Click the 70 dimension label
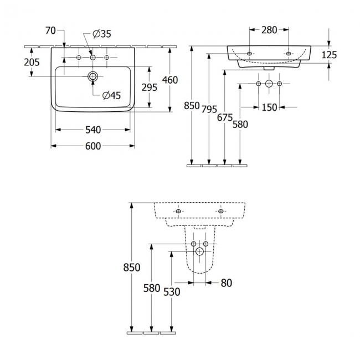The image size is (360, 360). [x=50, y=31]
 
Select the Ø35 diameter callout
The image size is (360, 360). [x=102, y=34]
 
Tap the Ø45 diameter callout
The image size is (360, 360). [x=111, y=95]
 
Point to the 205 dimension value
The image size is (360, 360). [x=32, y=63]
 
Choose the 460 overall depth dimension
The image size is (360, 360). [x=169, y=80]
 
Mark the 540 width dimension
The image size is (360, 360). [x=93, y=130]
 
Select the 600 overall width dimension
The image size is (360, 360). [x=93, y=146]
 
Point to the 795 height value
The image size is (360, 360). [x=208, y=109]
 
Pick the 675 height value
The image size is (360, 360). [x=224, y=117]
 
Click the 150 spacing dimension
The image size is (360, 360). [x=269, y=107]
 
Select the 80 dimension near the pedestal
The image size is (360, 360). [x=226, y=283]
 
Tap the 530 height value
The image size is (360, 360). [x=172, y=292]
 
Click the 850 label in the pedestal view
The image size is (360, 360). [x=132, y=267]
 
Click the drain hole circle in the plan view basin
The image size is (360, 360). [x=93, y=76]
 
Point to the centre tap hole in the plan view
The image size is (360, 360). [x=93, y=57]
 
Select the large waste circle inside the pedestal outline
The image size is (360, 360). [x=199, y=251]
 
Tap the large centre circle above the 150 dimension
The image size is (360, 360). [x=269, y=84]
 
